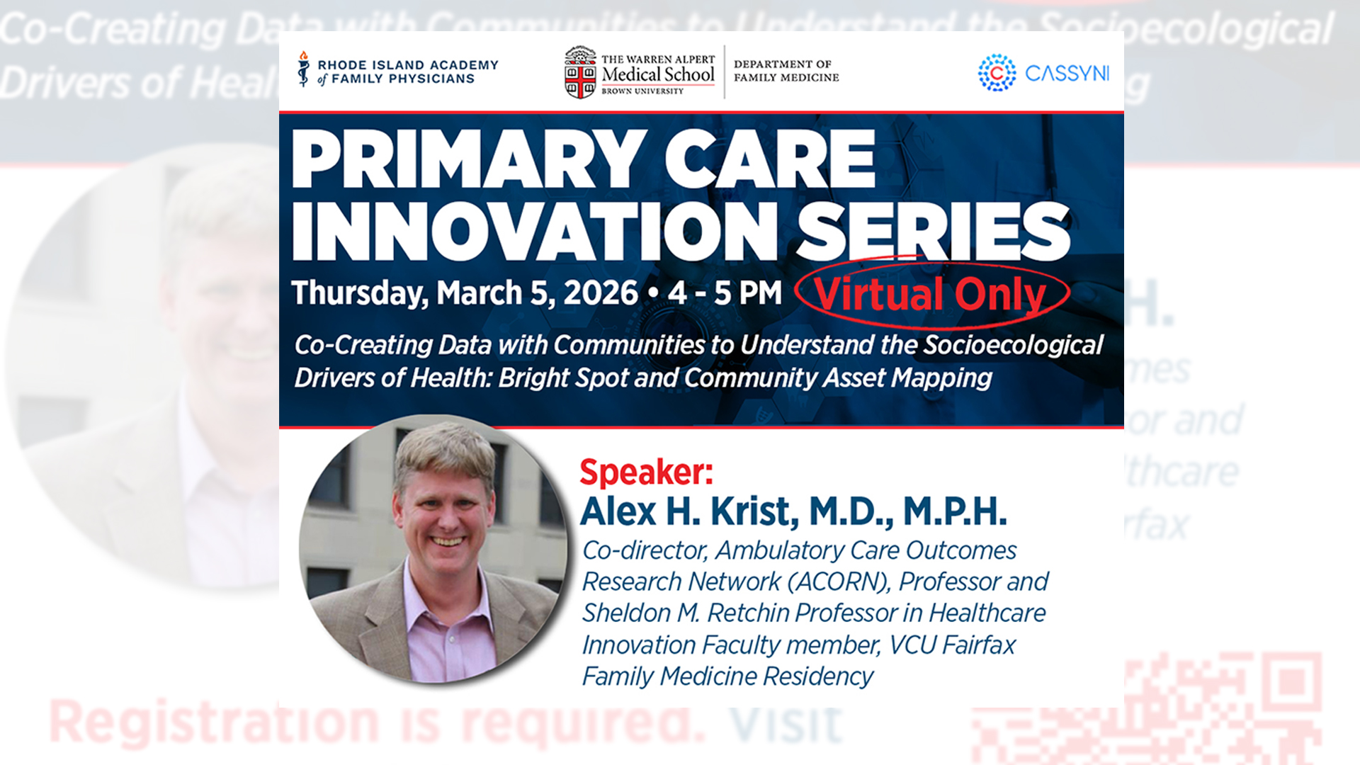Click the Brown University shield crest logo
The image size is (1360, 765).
click(x=580, y=73)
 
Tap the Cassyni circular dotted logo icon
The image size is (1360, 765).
click(x=997, y=73)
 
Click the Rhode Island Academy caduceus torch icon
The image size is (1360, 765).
click(x=304, y=69)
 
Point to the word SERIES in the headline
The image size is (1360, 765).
click(x=934, y=232)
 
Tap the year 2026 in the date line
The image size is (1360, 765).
click(x=601, y=293)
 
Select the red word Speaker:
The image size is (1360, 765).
click(x=646, y=472)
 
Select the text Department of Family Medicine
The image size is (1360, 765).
click(x=786, y=71)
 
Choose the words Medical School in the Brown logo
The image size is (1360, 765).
click(x=658, y=74)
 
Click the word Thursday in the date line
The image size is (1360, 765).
click(x=360, y=293)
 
